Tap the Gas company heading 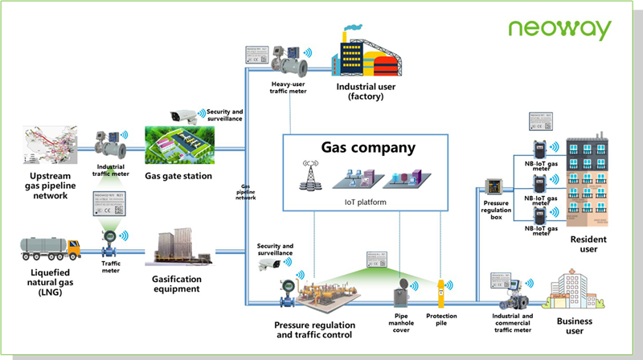pos(369,148)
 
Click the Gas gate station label pos(178,176)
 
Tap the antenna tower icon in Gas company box pos(308,178)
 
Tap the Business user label pos(574,325)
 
